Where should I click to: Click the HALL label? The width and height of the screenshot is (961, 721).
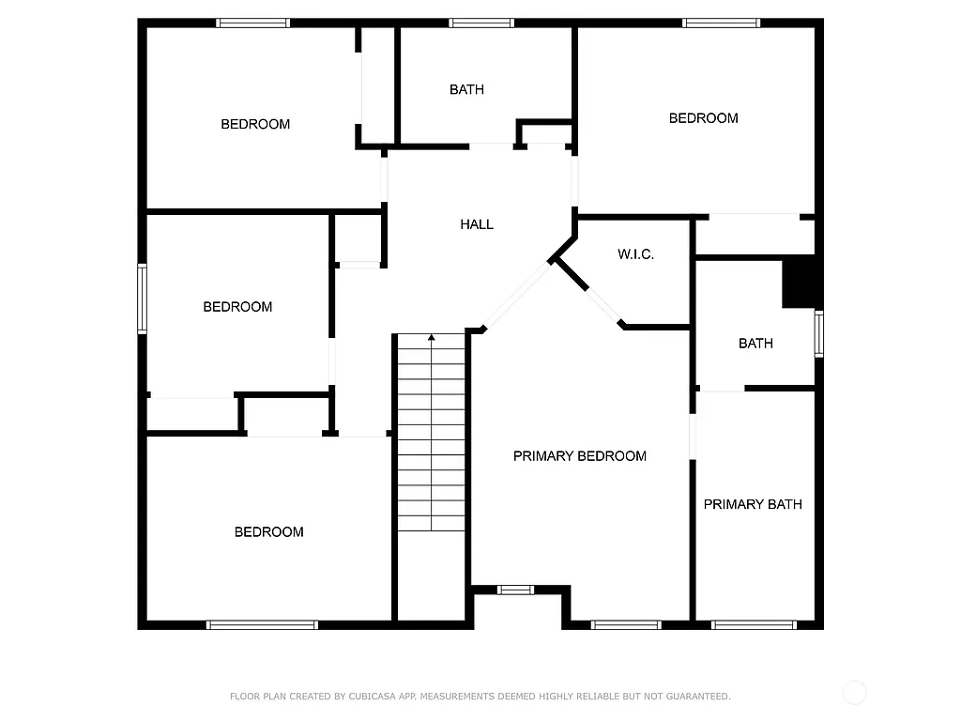coord(476,224)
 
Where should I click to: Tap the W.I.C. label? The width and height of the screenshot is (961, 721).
coord(635,254)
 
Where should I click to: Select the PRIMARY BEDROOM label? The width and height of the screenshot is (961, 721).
coord(579,456)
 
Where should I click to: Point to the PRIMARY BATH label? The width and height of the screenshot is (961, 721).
coord(753,504)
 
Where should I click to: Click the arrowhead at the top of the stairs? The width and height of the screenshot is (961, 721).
coord(432,336)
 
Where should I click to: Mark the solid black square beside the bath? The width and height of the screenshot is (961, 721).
coord(801,283)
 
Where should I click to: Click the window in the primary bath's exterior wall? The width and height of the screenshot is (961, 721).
coord(754,624)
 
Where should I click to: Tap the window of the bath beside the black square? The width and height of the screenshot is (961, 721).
coord(818,334)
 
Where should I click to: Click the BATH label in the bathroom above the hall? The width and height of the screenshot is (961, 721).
coord(466,90)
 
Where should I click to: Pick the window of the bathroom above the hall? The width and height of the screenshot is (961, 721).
coord(480,23)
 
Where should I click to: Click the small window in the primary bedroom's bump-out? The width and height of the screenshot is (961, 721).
coord(515,590)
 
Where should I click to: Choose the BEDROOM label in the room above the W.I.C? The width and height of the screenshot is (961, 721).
coord(703,118)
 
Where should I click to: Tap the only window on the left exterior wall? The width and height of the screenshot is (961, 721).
coord(143,299)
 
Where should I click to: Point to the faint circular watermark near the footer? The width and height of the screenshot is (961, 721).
coord(854,693)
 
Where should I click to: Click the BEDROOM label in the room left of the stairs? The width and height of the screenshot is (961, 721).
coord(268,532)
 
